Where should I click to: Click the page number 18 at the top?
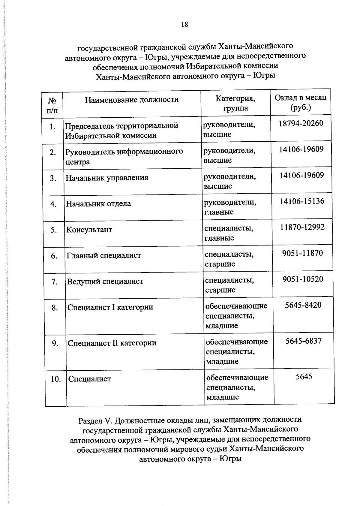pyautogui.click(x=184, y=25)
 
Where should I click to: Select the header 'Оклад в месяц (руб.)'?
pyautogui.click(x=300, y=102)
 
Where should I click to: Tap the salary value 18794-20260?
pyautogui.click(x=301, y=123)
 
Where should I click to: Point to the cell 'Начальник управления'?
pyautogui.click(x=107, y=178)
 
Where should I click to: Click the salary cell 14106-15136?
pyautogui.click(x=302, y=201)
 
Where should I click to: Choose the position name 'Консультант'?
pyautogui.click(x=89, y=230)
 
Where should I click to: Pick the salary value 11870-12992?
pyautogui.click(x=302, y=227)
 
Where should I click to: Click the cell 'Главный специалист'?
pyautogui.click(x=103, y=256)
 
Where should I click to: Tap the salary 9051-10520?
pyautogui.click(x=303, y=279)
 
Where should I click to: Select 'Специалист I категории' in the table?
pyautogui.click(x=110, y=308)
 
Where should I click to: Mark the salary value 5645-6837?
pyautogui.click(x=303, y=341)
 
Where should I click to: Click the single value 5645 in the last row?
pyautogui.click(x=304, y=377)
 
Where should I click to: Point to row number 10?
pyautogui.click(x=56, y=379)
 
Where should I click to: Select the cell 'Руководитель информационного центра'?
pyautogui.click(x=124, y=156)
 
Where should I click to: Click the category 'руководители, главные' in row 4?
pyautogui.click(x=230, y=207)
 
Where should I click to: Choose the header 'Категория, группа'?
pyautogui.click(x=235, y=103)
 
